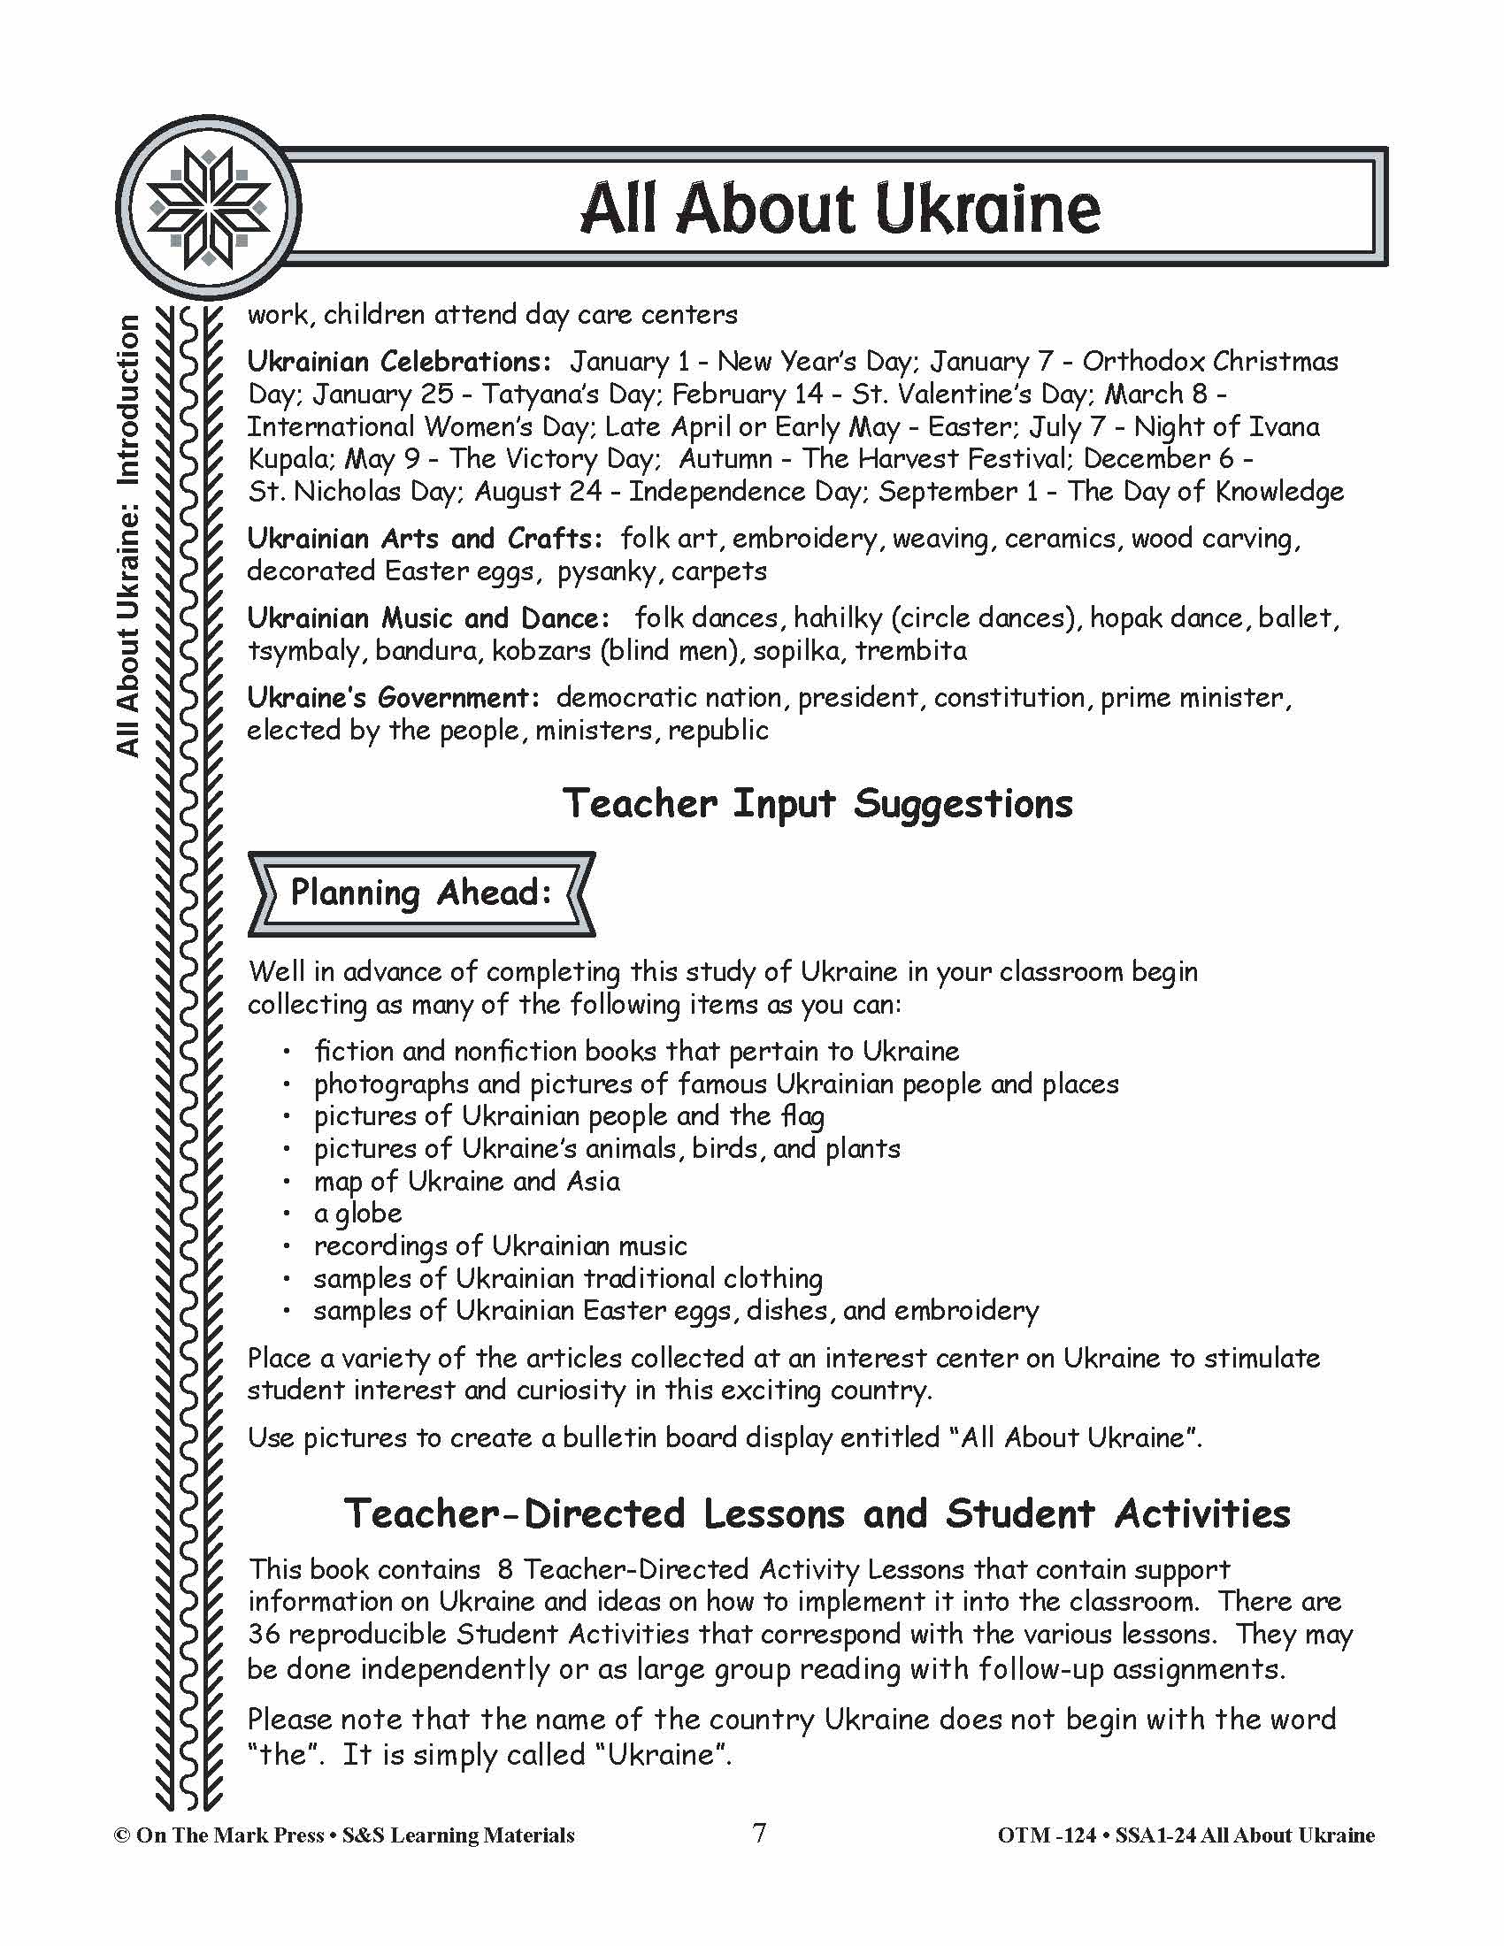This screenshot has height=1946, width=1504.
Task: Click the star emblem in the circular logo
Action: point(209,208)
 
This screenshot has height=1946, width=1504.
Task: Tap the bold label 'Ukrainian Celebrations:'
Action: point(399,362)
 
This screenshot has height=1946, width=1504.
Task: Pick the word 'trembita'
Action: point(910,650)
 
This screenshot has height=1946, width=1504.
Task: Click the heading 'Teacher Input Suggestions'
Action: point(817,804)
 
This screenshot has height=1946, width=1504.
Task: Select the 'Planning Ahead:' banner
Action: point(420,893)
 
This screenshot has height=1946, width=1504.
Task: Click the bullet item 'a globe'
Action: point(357,1214)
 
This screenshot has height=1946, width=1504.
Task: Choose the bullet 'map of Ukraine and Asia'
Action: point(466,1182)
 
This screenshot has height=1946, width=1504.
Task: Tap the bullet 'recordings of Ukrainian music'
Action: point(500,1245)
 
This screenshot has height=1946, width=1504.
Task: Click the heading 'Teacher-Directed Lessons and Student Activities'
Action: point(817,1513)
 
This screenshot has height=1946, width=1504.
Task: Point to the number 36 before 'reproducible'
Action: point(264,1635)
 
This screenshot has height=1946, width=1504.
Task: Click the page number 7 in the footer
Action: point(759,1834)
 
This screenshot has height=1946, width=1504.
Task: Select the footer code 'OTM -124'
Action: point(1046,1835)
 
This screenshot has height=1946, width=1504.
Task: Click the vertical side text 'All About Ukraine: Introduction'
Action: point(128,535)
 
